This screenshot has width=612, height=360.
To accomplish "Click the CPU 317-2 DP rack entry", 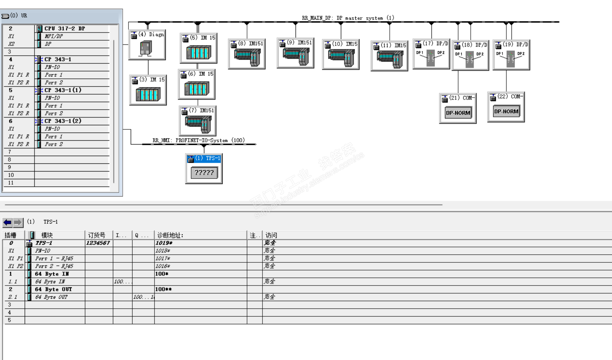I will pyautogui.click(x=64, y=29).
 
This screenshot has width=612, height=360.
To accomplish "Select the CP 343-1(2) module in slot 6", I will pyautogui.click(x=63, y=121).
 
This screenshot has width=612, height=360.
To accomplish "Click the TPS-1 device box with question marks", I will pyautogui.click(x=204, y=172).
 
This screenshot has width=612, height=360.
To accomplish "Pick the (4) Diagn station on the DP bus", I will pyautogui.click(x=147, y=45).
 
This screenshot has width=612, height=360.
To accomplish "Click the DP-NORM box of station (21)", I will pyautogui.click(x=458, y=113).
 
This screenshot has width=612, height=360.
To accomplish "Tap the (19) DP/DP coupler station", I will pyautogui.click(x=511, y=55).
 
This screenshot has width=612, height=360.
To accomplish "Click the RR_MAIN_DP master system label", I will pyautogui.click(x=348, y=18).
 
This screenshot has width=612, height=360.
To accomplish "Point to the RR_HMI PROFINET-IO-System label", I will pyautogui.click(x=198, y=140).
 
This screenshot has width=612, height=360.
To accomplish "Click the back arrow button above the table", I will pyautogui.click(x=7, y=222).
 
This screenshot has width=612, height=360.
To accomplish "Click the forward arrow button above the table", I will pyautogui.click(x=18, y=222).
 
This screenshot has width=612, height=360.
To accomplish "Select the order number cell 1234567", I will pyautogui.click(x=98, y=243).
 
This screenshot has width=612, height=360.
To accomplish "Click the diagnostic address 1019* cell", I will pyautogui.click(x=164, y=243).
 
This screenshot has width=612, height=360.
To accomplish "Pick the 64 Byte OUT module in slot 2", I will pyautogui.click(x=53, y=289).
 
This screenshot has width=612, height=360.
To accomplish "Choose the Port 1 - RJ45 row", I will pyautogui.click(x=54, y=259).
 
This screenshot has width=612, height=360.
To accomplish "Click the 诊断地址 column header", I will pyautogui.click(x=170, y=235).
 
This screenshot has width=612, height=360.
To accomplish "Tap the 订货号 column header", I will pyautogui.click(x=97, y=235).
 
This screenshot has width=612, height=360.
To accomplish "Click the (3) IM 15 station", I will pyautogui.click(x=148, y=90).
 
